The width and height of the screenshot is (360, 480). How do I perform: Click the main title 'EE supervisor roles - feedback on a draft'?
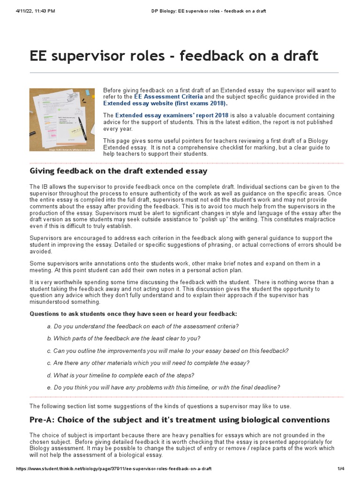click(174, 56)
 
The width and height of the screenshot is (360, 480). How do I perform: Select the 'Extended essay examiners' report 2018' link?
click(172, 115)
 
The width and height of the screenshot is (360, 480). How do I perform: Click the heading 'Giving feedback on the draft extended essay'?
click(118, 171)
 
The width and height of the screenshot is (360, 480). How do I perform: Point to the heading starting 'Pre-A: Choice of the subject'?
click(180, 420)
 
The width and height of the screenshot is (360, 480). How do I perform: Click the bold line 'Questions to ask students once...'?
click(133, 313)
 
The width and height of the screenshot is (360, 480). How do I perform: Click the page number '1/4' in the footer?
click(341, 469)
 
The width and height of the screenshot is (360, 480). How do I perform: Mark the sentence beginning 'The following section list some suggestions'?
click(160, 406)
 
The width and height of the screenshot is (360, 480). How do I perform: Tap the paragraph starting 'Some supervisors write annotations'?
click(175, 267)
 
